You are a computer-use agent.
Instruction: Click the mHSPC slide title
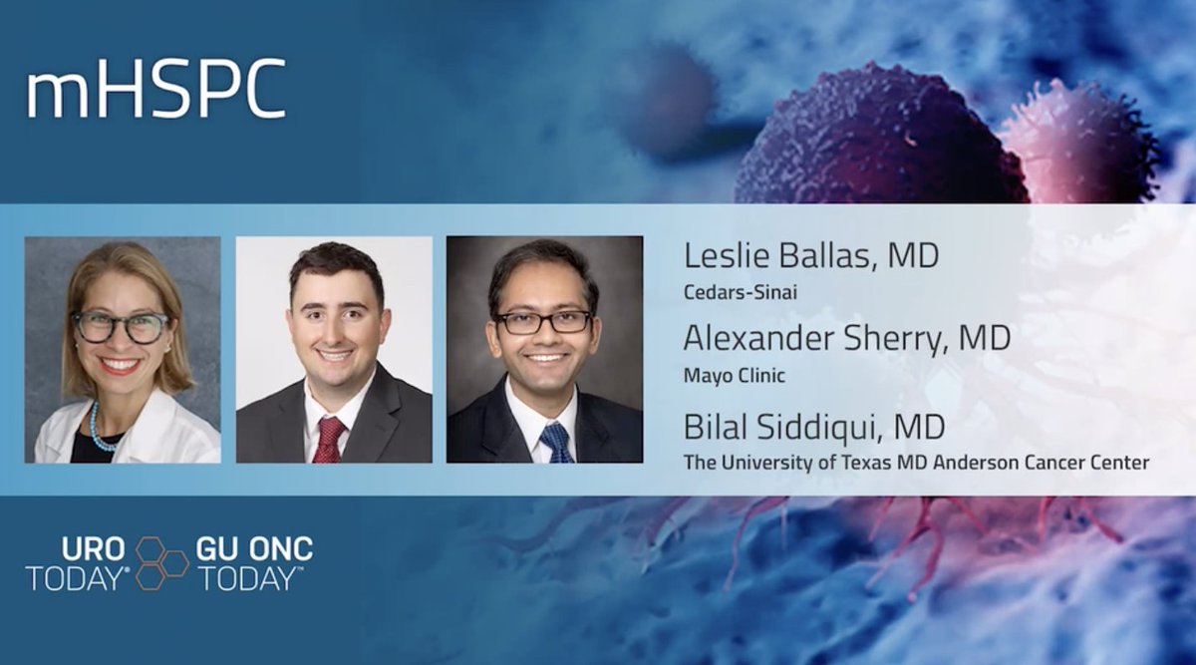pos(156,92)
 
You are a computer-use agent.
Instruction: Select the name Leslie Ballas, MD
pos(810,256)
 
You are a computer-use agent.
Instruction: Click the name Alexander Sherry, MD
pos(846,338)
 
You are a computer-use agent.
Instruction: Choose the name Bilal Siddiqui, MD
pos(814,428)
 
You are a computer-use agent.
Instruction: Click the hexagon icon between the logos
pos(162,562)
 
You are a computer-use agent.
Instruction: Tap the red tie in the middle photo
pos(328,439)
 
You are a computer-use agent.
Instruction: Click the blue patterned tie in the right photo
pos(555,442)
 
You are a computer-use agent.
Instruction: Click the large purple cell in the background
pos(877,140)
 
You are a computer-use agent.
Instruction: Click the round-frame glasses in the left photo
pos(122,327)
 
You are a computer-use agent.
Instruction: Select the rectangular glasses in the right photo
pos(543,322)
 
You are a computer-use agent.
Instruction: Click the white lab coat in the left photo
pos(169,434)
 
